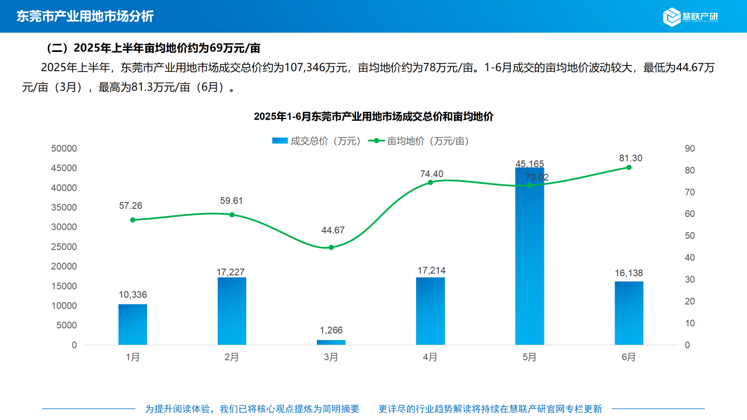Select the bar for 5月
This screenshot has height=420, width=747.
click(529, 257)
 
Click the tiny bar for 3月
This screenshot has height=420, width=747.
click(331, 342)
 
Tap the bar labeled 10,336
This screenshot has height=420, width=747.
click(132, 324)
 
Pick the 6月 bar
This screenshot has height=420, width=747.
click(629, 313)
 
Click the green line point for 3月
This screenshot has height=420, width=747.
click(331, 247)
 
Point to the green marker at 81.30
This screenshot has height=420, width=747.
click(629, 167)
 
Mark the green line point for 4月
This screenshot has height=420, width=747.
click(430, 183)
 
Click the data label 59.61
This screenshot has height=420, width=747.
click(232, 201)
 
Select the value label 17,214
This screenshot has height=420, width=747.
click(431, 271)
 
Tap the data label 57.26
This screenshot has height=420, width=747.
click(131, 206)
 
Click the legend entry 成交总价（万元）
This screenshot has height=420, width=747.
click(317, 141)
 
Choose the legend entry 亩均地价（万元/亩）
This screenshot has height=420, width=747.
click(421, 141)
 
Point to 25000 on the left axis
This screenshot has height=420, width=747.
click(64, 247)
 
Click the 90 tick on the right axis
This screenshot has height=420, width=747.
click(689, 149)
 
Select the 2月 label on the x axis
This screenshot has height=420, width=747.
click(232, 358)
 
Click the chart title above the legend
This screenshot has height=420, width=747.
click(373, 117)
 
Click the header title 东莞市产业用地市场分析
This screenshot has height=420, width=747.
click(85, 16)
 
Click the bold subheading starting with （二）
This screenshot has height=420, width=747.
click(153, 48)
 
